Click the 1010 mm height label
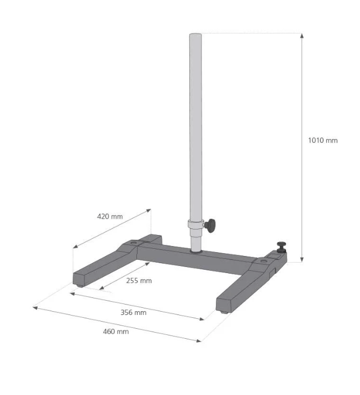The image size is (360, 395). click(322, 140)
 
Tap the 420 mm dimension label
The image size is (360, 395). click(110, 216)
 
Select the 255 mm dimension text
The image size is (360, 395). click(139, 281)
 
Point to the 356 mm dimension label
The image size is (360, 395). click(134, 312)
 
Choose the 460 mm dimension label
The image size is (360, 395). click(116, 332)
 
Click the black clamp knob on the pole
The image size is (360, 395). click(210, 226)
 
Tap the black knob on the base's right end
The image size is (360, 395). click(281, 247)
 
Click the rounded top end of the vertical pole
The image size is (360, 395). click(195, 35)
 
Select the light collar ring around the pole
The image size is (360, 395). click(195, 224)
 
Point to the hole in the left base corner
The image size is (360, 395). click(134, 243)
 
